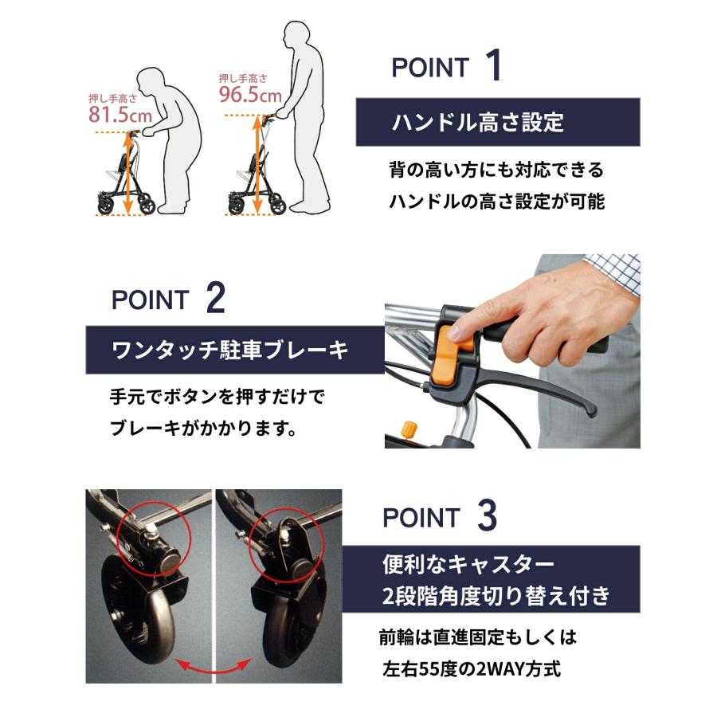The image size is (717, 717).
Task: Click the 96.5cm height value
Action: (x=250, y=96)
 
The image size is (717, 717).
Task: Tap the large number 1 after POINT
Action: (x=492, y=67)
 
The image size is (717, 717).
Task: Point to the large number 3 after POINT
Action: (x=486, y=517)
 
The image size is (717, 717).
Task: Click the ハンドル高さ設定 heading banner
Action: (x=497, y=122)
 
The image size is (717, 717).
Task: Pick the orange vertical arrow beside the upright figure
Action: (x=257, y=163)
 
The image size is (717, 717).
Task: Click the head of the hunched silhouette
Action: (x=153, y=83)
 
